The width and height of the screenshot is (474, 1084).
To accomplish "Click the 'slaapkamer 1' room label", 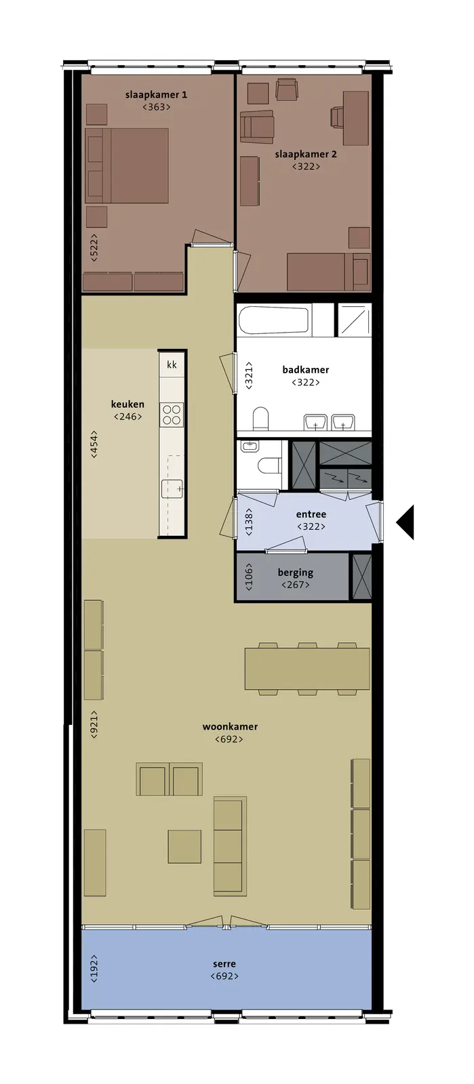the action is [156, 95].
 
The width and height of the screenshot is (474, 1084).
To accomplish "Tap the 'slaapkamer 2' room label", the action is [306, 154].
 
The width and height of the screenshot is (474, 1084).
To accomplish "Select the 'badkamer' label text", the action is [306, 370].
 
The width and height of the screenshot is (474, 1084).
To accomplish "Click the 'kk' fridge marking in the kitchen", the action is [172, 364].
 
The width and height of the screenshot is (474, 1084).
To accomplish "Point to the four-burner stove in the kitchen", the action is [172, 415].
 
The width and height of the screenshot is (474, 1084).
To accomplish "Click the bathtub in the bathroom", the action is [274, 320].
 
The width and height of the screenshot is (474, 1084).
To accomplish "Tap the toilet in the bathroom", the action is [260, 419].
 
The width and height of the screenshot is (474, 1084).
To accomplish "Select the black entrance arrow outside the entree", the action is [406, 522].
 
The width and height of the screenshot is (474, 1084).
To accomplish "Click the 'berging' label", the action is [296, 572].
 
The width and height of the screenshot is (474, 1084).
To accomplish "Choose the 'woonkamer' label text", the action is [230, 726].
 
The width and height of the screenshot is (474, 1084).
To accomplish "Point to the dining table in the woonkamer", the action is [307, 669].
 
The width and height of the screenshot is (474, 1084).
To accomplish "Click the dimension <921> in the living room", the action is [94, 724].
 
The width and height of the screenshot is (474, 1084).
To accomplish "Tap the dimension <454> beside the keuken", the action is [94, 444].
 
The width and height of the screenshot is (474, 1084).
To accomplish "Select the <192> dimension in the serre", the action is [94, 968].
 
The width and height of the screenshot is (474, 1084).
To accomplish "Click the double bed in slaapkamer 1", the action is [127, 165].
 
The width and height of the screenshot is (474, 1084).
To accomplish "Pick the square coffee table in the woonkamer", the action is [184, 846].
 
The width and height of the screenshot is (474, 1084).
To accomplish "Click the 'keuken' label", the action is [127, 404].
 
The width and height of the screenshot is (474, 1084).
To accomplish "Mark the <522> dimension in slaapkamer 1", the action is [94, 248].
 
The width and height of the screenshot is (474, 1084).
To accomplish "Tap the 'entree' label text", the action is [311, 514].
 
